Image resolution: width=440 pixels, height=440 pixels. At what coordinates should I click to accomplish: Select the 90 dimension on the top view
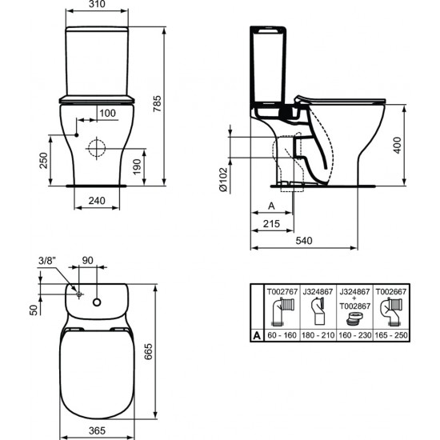tap(88, 260)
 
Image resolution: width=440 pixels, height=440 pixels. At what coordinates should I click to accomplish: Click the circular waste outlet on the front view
tap(96, 148)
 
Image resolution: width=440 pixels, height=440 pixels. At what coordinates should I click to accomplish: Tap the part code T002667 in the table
tap(392, 293)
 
